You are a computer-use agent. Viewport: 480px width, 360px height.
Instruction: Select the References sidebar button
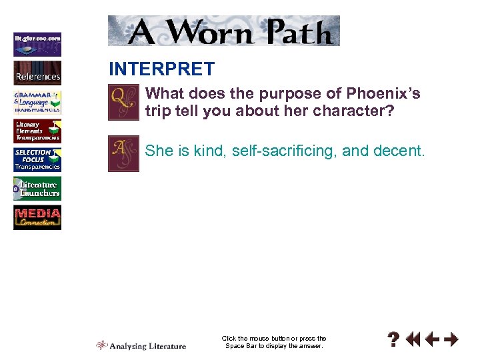click(37, 73)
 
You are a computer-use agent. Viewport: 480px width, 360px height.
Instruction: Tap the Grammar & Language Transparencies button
click(37, 102)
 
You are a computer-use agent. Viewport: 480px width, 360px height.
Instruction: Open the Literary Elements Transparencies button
click(37, 131)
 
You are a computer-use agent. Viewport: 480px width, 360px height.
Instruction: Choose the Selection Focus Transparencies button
click(37, 160)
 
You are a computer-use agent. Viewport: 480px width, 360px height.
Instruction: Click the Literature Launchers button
click(37, 189)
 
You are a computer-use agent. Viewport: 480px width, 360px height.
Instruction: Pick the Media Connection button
click(37, 218)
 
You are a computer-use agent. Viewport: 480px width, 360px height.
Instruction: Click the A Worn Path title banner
click(224, 31)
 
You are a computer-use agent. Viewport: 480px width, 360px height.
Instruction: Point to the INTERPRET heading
click(161, 69)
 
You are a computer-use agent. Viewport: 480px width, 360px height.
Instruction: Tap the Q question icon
click(123, 102)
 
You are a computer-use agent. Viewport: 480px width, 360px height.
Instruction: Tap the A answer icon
click(123, 153)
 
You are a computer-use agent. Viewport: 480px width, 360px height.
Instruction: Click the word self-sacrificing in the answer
click(282, 151)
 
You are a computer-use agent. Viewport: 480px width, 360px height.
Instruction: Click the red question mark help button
click(395, 340)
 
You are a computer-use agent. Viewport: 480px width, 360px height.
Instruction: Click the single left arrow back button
click(433, 340)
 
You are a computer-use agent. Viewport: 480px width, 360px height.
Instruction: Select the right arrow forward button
click(451, 340)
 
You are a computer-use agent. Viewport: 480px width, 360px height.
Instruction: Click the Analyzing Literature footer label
click(141, 345)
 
